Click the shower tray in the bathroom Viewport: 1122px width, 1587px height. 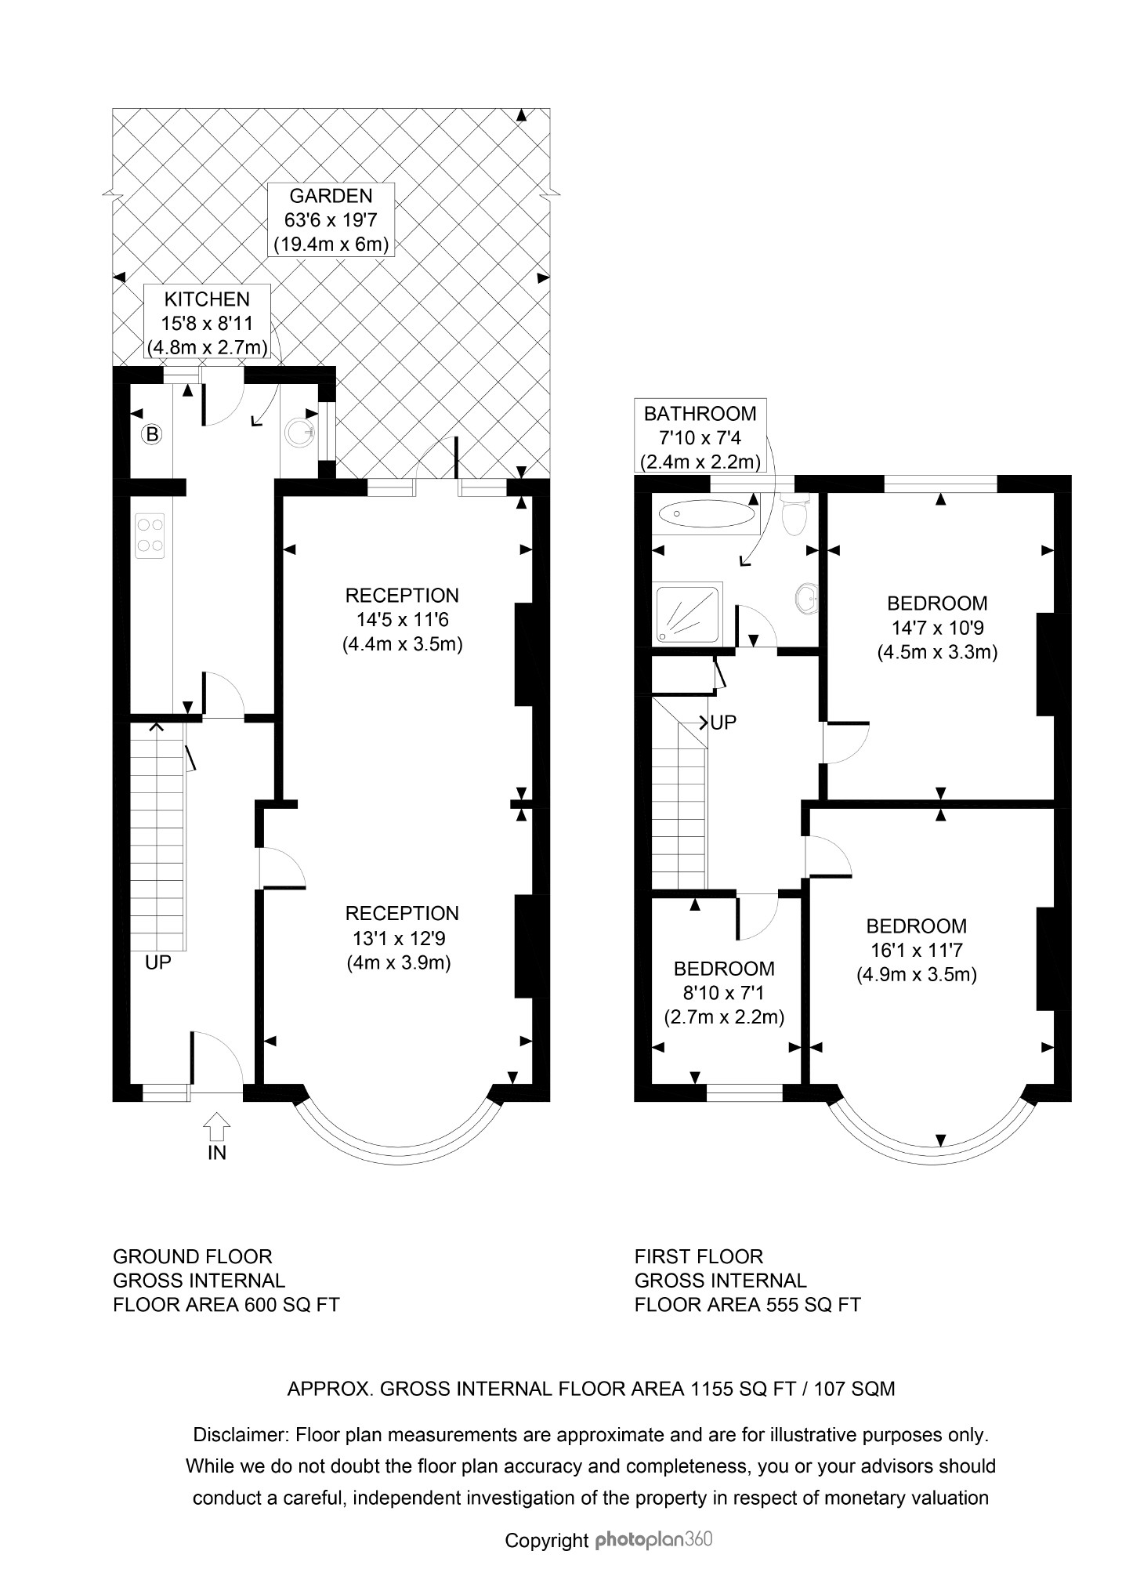click(x=688, y=614)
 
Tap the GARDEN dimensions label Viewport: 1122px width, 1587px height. click(x=331, y=219)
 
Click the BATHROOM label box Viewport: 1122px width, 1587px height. click(x=700, y=437)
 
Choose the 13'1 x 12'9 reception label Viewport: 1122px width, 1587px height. click(x=402, y=938)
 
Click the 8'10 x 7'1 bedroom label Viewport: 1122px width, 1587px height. click(x=724, y=993)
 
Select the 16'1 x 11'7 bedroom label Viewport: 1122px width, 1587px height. click(x=916, y=951)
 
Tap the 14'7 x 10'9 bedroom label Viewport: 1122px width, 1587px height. click(x=937, y=628)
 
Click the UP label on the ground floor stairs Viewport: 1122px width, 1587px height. click(x=157, y=962)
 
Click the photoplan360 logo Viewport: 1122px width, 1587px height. click(x=653, y=1539)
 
